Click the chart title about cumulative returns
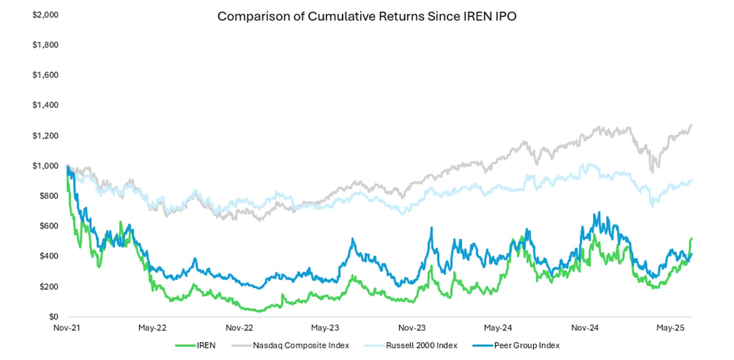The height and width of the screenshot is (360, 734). point(366,17)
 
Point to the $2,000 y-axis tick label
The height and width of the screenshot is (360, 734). point(45,15)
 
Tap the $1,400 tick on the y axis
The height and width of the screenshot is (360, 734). point(45,106)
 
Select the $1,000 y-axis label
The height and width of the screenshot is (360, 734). point(45,166)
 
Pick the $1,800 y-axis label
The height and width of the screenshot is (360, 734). point(45,45)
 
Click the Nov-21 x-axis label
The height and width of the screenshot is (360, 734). point(67,328)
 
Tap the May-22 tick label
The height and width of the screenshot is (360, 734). point(152,328)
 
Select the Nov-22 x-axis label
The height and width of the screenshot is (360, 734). point(239,328)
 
